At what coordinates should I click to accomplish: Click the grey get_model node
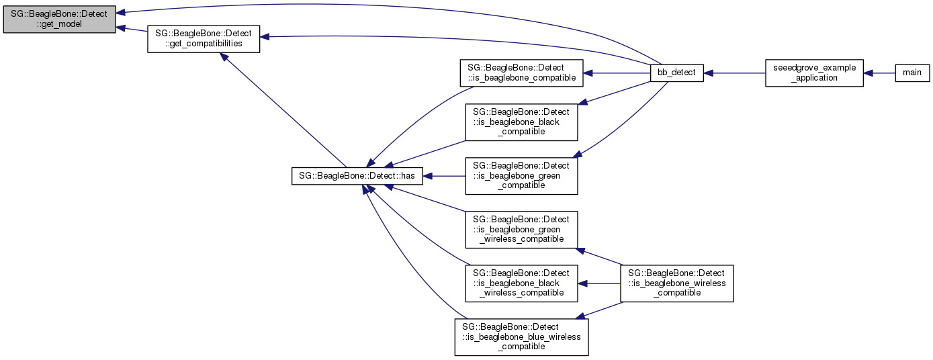coord(59,17)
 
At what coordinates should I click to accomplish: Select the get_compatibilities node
coord(204,38)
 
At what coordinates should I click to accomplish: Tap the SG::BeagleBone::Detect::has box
coord(357,176)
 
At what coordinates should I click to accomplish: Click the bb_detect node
coord(676,73)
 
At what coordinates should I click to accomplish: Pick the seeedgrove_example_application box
coord(814,73)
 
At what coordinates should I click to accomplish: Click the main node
coord(912,73)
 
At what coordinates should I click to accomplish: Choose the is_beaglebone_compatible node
coord(521,73)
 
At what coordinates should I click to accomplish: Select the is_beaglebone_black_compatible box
coord(521,122)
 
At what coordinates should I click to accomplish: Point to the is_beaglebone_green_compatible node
coord(521,175)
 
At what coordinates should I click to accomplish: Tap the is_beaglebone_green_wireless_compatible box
coord(521,229)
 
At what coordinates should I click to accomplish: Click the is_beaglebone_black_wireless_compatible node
coord(521,283)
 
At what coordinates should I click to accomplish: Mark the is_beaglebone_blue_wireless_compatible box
coord(521,336)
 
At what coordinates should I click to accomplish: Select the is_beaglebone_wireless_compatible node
coord(676,283)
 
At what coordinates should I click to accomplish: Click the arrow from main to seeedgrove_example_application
coord(879,73)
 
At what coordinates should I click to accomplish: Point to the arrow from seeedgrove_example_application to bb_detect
coord(734,73)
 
